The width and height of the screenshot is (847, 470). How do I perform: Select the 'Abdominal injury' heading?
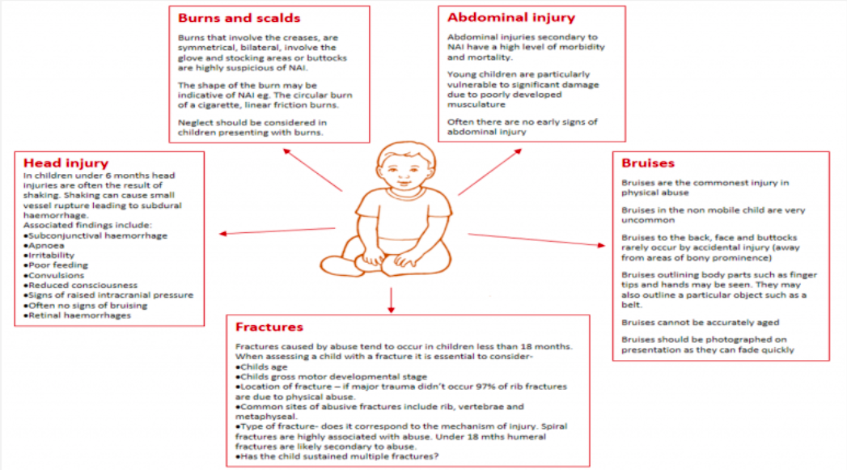click(510, 18)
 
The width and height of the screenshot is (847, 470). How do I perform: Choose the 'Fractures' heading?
click(269, 328)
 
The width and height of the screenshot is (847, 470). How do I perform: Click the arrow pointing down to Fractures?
click(392, 299)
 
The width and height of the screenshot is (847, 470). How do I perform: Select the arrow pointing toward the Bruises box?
click(537, 239)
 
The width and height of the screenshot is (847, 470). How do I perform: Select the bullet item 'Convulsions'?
click(57, 274)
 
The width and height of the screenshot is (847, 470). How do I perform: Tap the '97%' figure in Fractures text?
click(475, 387)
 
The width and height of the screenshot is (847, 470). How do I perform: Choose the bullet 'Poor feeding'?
click(57, 264)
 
